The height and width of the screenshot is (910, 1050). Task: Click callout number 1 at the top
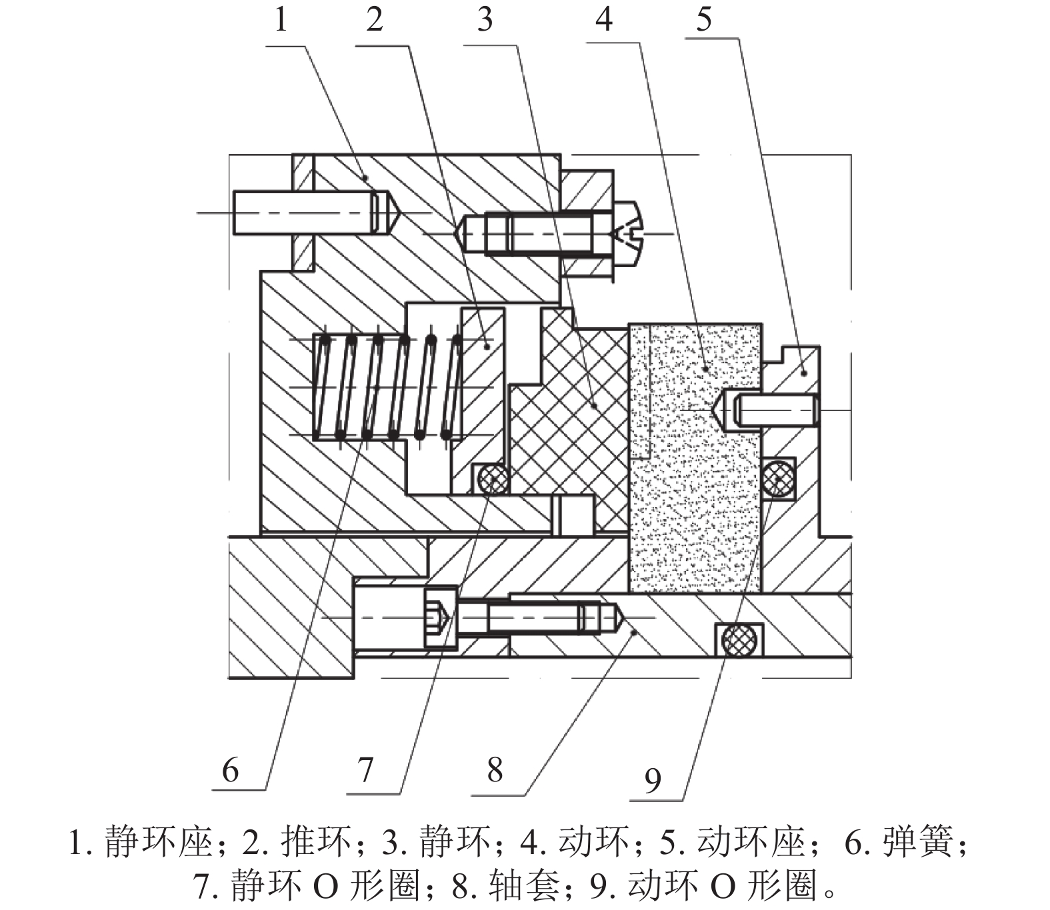[x=281, y=20]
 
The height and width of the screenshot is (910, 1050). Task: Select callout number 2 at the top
[x=374, y=20]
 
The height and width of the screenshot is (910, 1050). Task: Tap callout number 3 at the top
[x=485, y=20]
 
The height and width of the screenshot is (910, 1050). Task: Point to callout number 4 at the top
[x=603, y=20]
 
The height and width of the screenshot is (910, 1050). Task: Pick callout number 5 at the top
[x=704, y=20]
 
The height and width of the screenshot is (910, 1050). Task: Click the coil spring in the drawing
[x=387, y=387]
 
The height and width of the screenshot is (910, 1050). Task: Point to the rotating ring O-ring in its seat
[x=778, y=478]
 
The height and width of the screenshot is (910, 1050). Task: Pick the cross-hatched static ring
[x=573, y=413]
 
